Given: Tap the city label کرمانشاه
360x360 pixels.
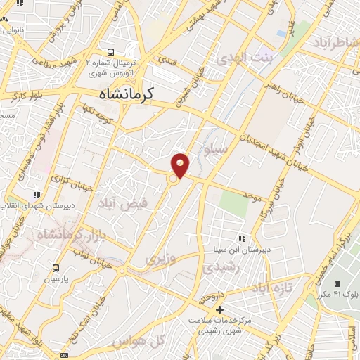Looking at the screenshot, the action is [127, 92].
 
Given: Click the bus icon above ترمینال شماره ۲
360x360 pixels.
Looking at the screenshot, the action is [110, 51].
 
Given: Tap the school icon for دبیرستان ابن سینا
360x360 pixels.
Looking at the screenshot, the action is [243, 239].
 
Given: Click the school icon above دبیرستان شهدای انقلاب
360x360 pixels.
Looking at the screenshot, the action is [36, 195].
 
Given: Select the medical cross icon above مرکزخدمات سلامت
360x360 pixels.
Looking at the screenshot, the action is [220, 309].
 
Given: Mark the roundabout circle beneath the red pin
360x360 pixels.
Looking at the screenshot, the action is [172, 179].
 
